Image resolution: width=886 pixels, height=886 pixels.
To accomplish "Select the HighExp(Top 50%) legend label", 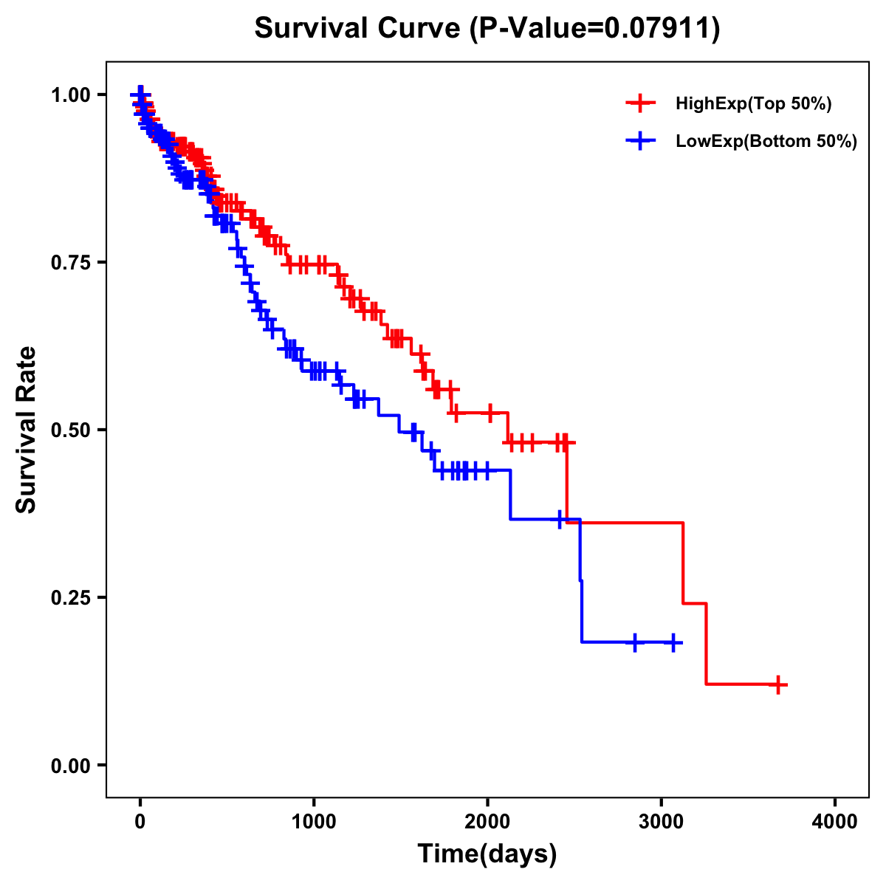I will [x=754, y=104].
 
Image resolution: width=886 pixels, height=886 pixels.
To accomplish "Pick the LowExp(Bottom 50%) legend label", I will [x=766, y=141].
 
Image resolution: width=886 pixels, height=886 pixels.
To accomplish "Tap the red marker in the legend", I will [x=640, y=104].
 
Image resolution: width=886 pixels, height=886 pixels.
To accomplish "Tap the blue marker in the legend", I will [x=640, y=140].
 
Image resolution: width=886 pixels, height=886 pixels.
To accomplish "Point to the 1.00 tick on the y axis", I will [x=70, y=95].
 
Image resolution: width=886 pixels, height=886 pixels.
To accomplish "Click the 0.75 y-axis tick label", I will [x=70, y=262].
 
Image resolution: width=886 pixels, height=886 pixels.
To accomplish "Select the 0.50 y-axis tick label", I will [x=70, y=430].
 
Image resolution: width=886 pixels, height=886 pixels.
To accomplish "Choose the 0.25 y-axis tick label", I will [x=70, y=597].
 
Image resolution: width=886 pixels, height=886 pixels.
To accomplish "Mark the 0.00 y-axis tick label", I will [x=70, y=765].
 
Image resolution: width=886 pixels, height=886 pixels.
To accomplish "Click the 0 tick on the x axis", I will [x=140, y=821].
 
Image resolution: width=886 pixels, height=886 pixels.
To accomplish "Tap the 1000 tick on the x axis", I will [x=314, y=821].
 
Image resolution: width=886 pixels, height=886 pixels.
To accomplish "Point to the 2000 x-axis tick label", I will [x=487, y=821].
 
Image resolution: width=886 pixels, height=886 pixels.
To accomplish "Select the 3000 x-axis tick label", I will [x=662, y=821].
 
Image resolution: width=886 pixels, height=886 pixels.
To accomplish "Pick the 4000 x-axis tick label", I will [x=835, y=821].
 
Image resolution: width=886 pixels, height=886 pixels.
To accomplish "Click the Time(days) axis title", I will [x=487, y=854].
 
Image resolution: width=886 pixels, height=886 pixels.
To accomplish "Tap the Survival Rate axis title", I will [x=27, y=430].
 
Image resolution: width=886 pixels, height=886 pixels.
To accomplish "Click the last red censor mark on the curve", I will [x=777, y=684].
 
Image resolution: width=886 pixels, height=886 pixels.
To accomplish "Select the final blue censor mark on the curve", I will [x=673, y=642].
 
